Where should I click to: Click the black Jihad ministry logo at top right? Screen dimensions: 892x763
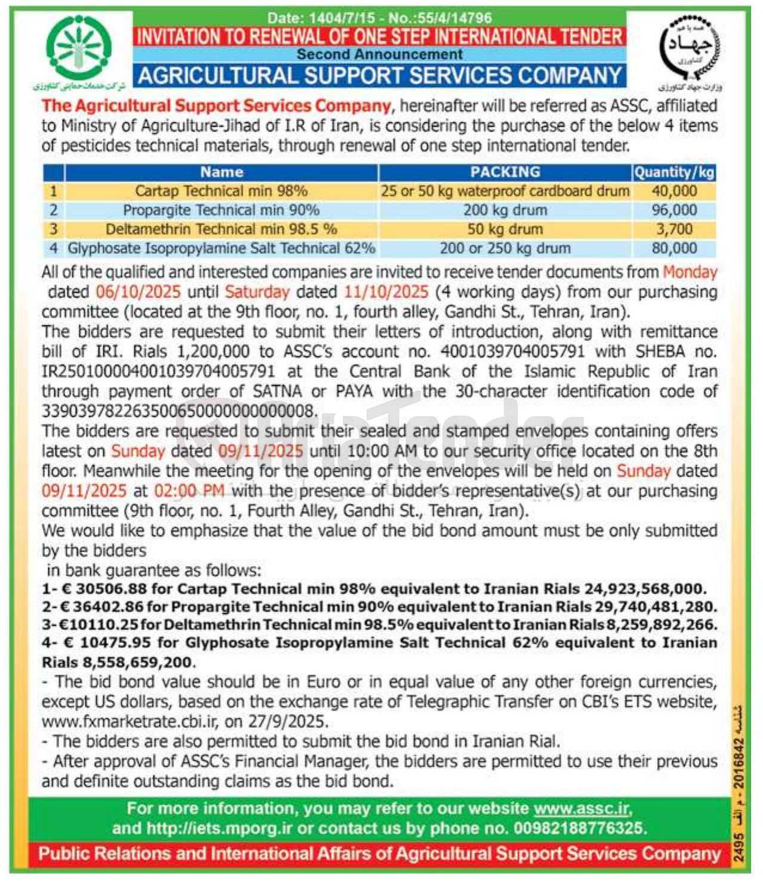click(x=690, y=48)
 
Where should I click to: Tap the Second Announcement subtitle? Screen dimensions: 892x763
click(x=380, y=54)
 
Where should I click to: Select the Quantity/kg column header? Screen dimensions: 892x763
click(x=674, y=173)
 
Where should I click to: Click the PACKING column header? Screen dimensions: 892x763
click(x=505, y=172)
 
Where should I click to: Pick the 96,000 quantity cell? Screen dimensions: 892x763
click(x=674, y=210)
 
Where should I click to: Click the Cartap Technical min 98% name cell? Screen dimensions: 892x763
click(x=221, y=191)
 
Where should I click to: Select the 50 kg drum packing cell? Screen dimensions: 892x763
click(x=505, y=229)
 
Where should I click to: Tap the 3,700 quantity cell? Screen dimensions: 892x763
click(x=674, y=229)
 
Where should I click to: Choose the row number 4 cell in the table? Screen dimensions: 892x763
click(x=54, y=248)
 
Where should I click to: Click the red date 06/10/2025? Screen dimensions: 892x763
click(x=138, y=292)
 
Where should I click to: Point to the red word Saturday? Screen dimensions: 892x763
click(x=257, y=292)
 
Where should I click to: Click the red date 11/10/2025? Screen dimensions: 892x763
click(x=386, y=292)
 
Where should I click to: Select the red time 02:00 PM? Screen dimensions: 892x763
click(x=189, y=491)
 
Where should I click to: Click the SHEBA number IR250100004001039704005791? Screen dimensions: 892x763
click(x=158, y=371)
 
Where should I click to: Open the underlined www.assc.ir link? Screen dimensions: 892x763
click(x=581, y=809)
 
